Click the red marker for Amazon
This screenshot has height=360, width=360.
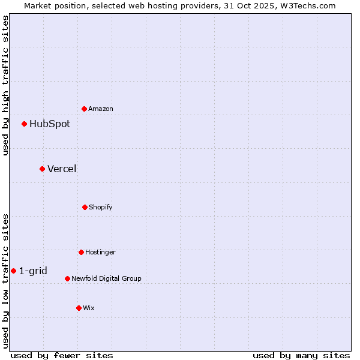pyautogui.click(x=85, y=109)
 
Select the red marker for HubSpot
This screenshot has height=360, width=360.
pyautogui.click(x=25, y=124)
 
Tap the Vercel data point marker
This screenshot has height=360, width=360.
pyautogui.click(x=42, y=169)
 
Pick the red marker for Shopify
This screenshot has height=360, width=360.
pyautogui.click(x=85, y=207)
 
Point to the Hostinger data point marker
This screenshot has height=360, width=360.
pyautogui.click(x=81, y=252)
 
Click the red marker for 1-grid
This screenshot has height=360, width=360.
pyautogui.click(x=13, y=271)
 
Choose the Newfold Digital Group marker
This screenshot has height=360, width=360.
pyautogui.click(x=67, y=278)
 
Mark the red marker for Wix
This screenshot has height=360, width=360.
pyautogui.click(x=79, y=308)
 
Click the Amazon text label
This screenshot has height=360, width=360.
pyautogui.click(x=101, y=109)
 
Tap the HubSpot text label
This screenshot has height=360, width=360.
pyautogui.click(x=50, y=124)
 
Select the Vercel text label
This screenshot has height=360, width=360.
pyautogui.click(x=62, y=169)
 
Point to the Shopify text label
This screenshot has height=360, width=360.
pyautogui.click(x=101, y=207)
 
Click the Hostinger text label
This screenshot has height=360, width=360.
pyautogui.click(x=100, y=252)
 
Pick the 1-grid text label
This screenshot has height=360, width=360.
pyautogui.click(x=33, y=271)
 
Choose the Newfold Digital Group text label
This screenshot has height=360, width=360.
pyautogui.click(x=107, y=278)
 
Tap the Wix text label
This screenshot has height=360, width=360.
pyautogui.click(x=89, y=308)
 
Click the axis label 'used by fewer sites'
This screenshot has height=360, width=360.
pyautogui.click(x=62, y=355)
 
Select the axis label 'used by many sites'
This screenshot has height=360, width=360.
pyautogui.click(x=301, y=355)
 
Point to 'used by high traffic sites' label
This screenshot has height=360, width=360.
pyautogui.click(x=5, y=85)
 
